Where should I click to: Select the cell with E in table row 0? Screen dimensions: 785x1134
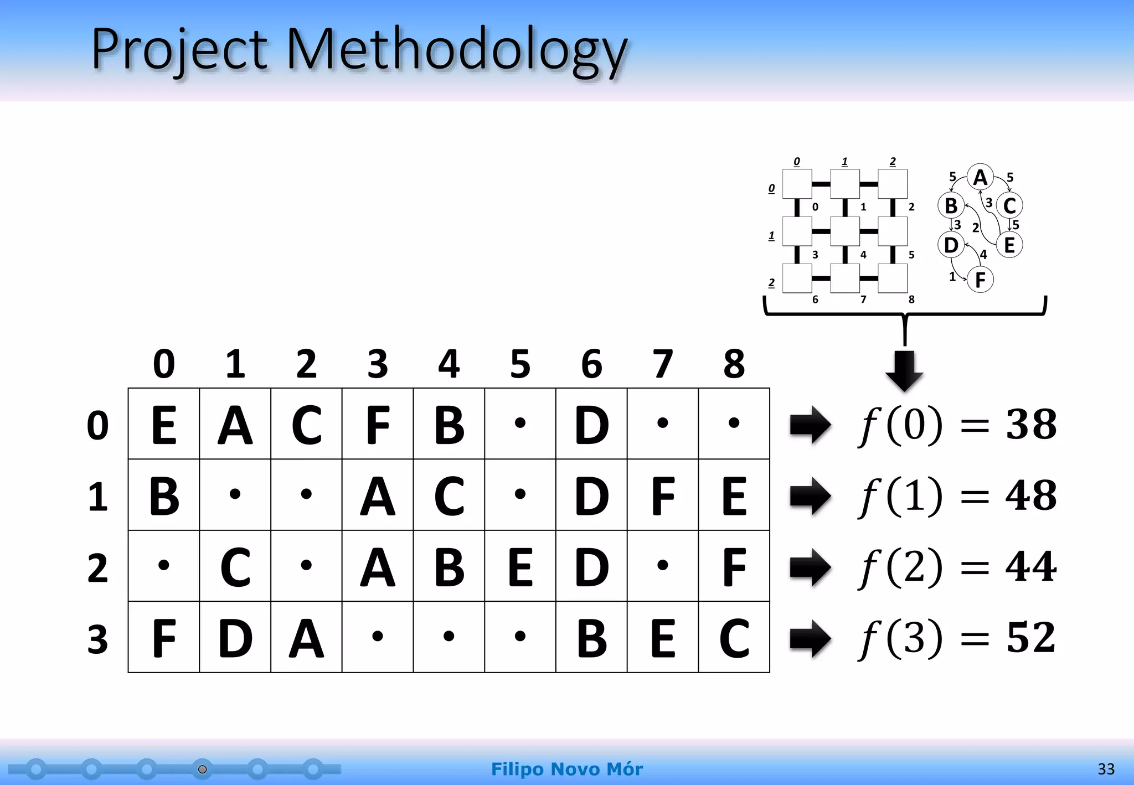pyautogui.click(x=164, y=424)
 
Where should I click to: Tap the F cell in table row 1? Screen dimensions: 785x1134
pyautogui.click(x=663, y=495)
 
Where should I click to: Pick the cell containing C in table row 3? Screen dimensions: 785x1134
pyautogui.click(x=734, y=638)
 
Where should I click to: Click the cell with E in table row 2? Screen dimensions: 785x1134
pyautogui.click(x=520, y=566)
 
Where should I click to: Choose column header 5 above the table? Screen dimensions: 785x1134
pyautogui.click(x=520, y=364)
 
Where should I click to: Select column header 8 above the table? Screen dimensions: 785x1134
pyautogui.click(x=734, y=364)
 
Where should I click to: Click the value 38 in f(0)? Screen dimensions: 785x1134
pyautogui.click(x=1031, y=425)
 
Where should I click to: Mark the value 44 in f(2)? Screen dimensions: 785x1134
pyautogui.click(x=1031, y=566)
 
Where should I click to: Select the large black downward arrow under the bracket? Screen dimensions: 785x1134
pyautogui.click(x=904, y=370)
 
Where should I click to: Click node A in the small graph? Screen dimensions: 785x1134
pyautogui.click(x=980, y=178)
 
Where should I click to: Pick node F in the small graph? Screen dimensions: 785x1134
pyautogui.click(x=980, y=280)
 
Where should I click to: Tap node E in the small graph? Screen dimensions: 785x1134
pyautogui.click(x=1009, y=245)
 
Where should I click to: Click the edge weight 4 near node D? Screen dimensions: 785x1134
pyautogui.click(x=983, y=255)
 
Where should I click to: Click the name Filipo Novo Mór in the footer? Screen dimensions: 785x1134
pyautogui.click(x=567, y=769)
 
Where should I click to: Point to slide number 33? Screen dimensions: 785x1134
pyautogui.click(x=1106, y=769)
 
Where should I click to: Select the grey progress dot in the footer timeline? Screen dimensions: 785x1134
pyautogui.click(x=203, y=769)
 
